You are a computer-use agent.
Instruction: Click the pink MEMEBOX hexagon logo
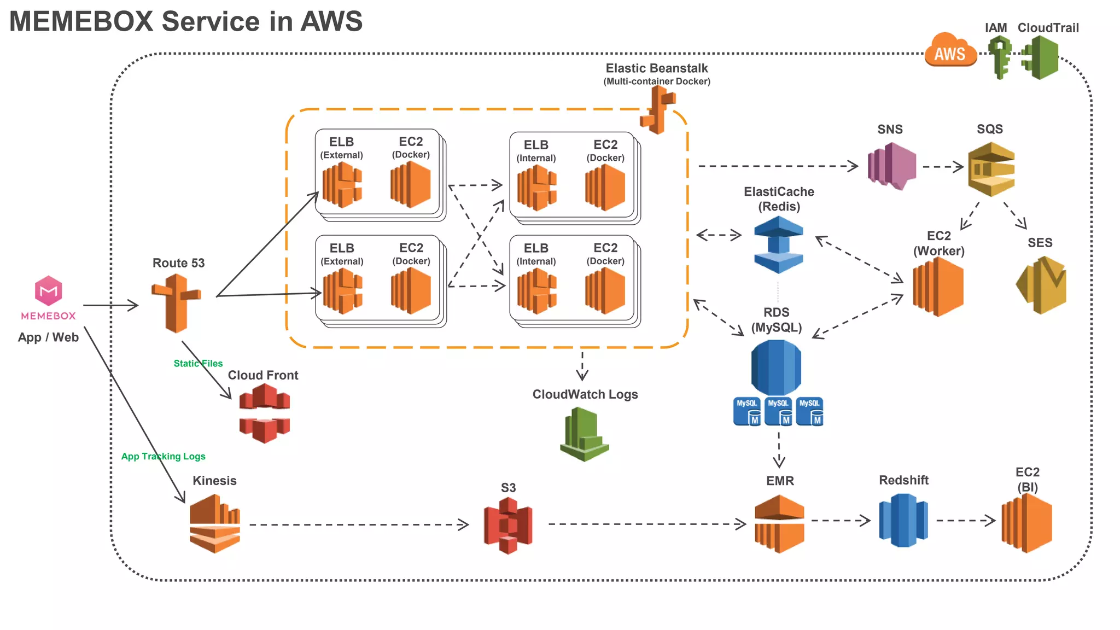[48, 290]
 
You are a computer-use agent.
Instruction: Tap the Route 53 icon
[176, 304]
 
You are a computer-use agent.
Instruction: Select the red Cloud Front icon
[265, 413]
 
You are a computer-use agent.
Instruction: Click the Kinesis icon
[215, 523]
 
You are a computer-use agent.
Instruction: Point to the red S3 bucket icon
[508, 526]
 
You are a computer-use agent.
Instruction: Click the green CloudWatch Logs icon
[584, 435]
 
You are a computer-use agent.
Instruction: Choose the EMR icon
[779, 523]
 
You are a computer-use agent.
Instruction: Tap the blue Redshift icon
[903, 520]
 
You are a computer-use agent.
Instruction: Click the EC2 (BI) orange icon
[1026, 523]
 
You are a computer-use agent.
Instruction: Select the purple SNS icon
[891, 166]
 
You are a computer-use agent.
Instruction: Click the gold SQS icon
[991, 169]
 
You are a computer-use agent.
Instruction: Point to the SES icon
[1042, 284]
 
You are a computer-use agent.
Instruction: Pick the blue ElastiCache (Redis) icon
[778, 244]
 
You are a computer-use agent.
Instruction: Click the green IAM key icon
[1000, 57]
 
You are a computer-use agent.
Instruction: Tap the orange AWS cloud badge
[950, 51]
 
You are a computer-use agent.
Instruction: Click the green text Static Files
[198, 363]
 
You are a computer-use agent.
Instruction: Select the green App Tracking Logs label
[163, 456]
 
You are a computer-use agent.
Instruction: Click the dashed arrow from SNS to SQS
[942, 167]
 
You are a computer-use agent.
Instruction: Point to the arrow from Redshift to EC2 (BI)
[965, 520]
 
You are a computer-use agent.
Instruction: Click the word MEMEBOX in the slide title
[81, 22]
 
